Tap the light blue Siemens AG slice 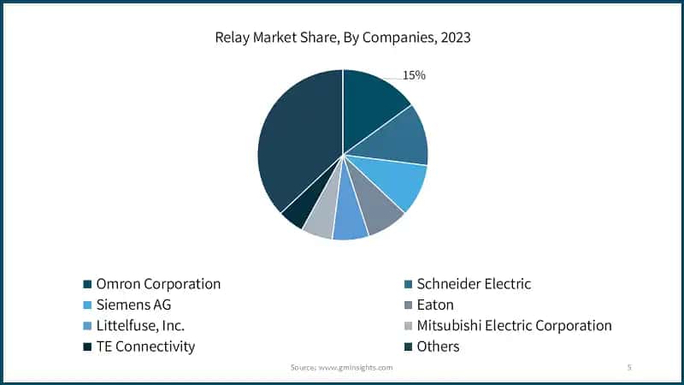tap(398, 181)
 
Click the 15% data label tap(414, 75)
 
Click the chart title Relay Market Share tap(342, 39)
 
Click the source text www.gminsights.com tap(341, 367)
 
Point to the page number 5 tap(629, 367)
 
